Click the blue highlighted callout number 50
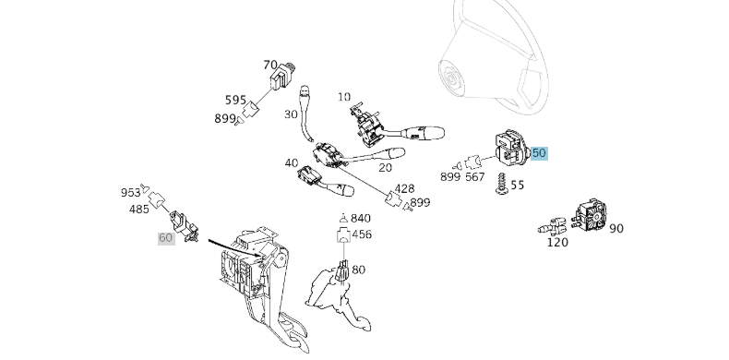point(539,152)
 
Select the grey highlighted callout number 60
point(166,238)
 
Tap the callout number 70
point(270,66)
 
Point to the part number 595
point(235,100)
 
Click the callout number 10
point(344,97)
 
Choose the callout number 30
point(291,114)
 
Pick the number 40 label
point(292,162)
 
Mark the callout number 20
point(385,167)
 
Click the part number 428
point(404,189)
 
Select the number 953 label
point(130,193)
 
